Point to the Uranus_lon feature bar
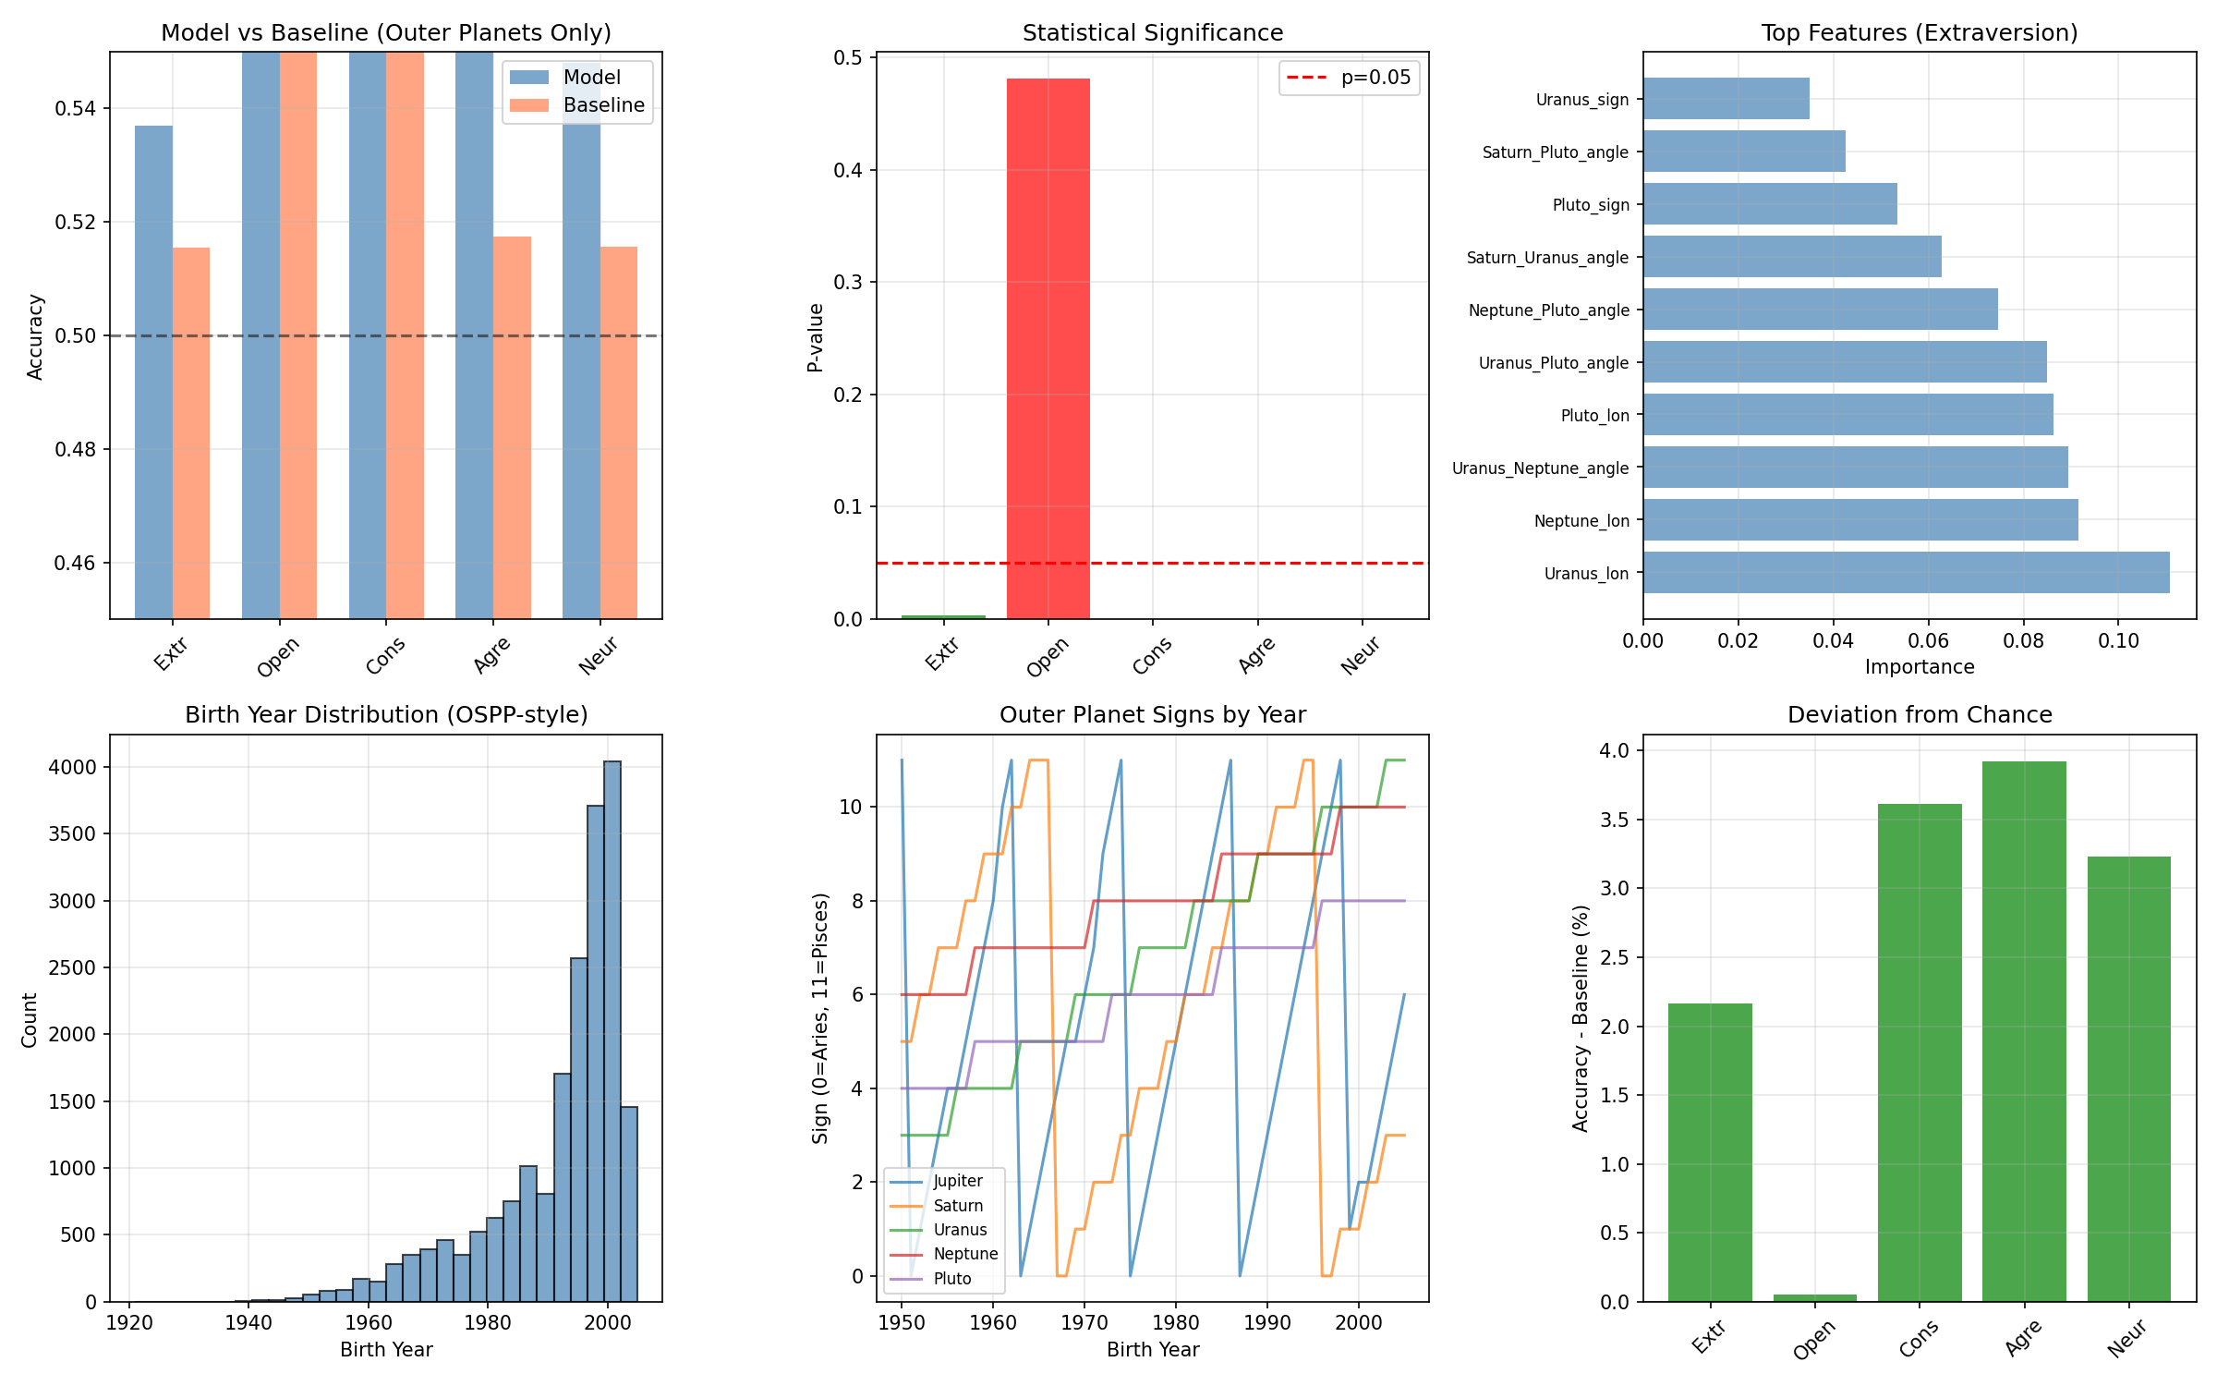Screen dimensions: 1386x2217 [1906, 573]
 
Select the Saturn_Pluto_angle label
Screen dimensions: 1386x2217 [1555, 152]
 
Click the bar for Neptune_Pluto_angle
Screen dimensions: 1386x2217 [1820, 310]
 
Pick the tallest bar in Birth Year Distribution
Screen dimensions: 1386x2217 [612, 1030]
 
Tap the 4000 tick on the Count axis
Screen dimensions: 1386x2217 [72, 768]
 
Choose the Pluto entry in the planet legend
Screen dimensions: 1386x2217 [951, 1279]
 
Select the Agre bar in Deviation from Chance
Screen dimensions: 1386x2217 [2023, 1030]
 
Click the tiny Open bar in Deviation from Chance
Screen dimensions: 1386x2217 [1814, 1298]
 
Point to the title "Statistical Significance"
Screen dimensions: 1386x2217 [1152, 33]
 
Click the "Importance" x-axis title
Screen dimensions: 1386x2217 [1919, 667]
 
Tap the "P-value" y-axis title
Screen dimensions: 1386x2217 [815, 337]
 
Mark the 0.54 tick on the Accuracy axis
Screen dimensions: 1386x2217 [75, 109]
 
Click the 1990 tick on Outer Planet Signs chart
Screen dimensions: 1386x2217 [1266, 1322]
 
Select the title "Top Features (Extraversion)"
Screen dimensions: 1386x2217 [1919, 33]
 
